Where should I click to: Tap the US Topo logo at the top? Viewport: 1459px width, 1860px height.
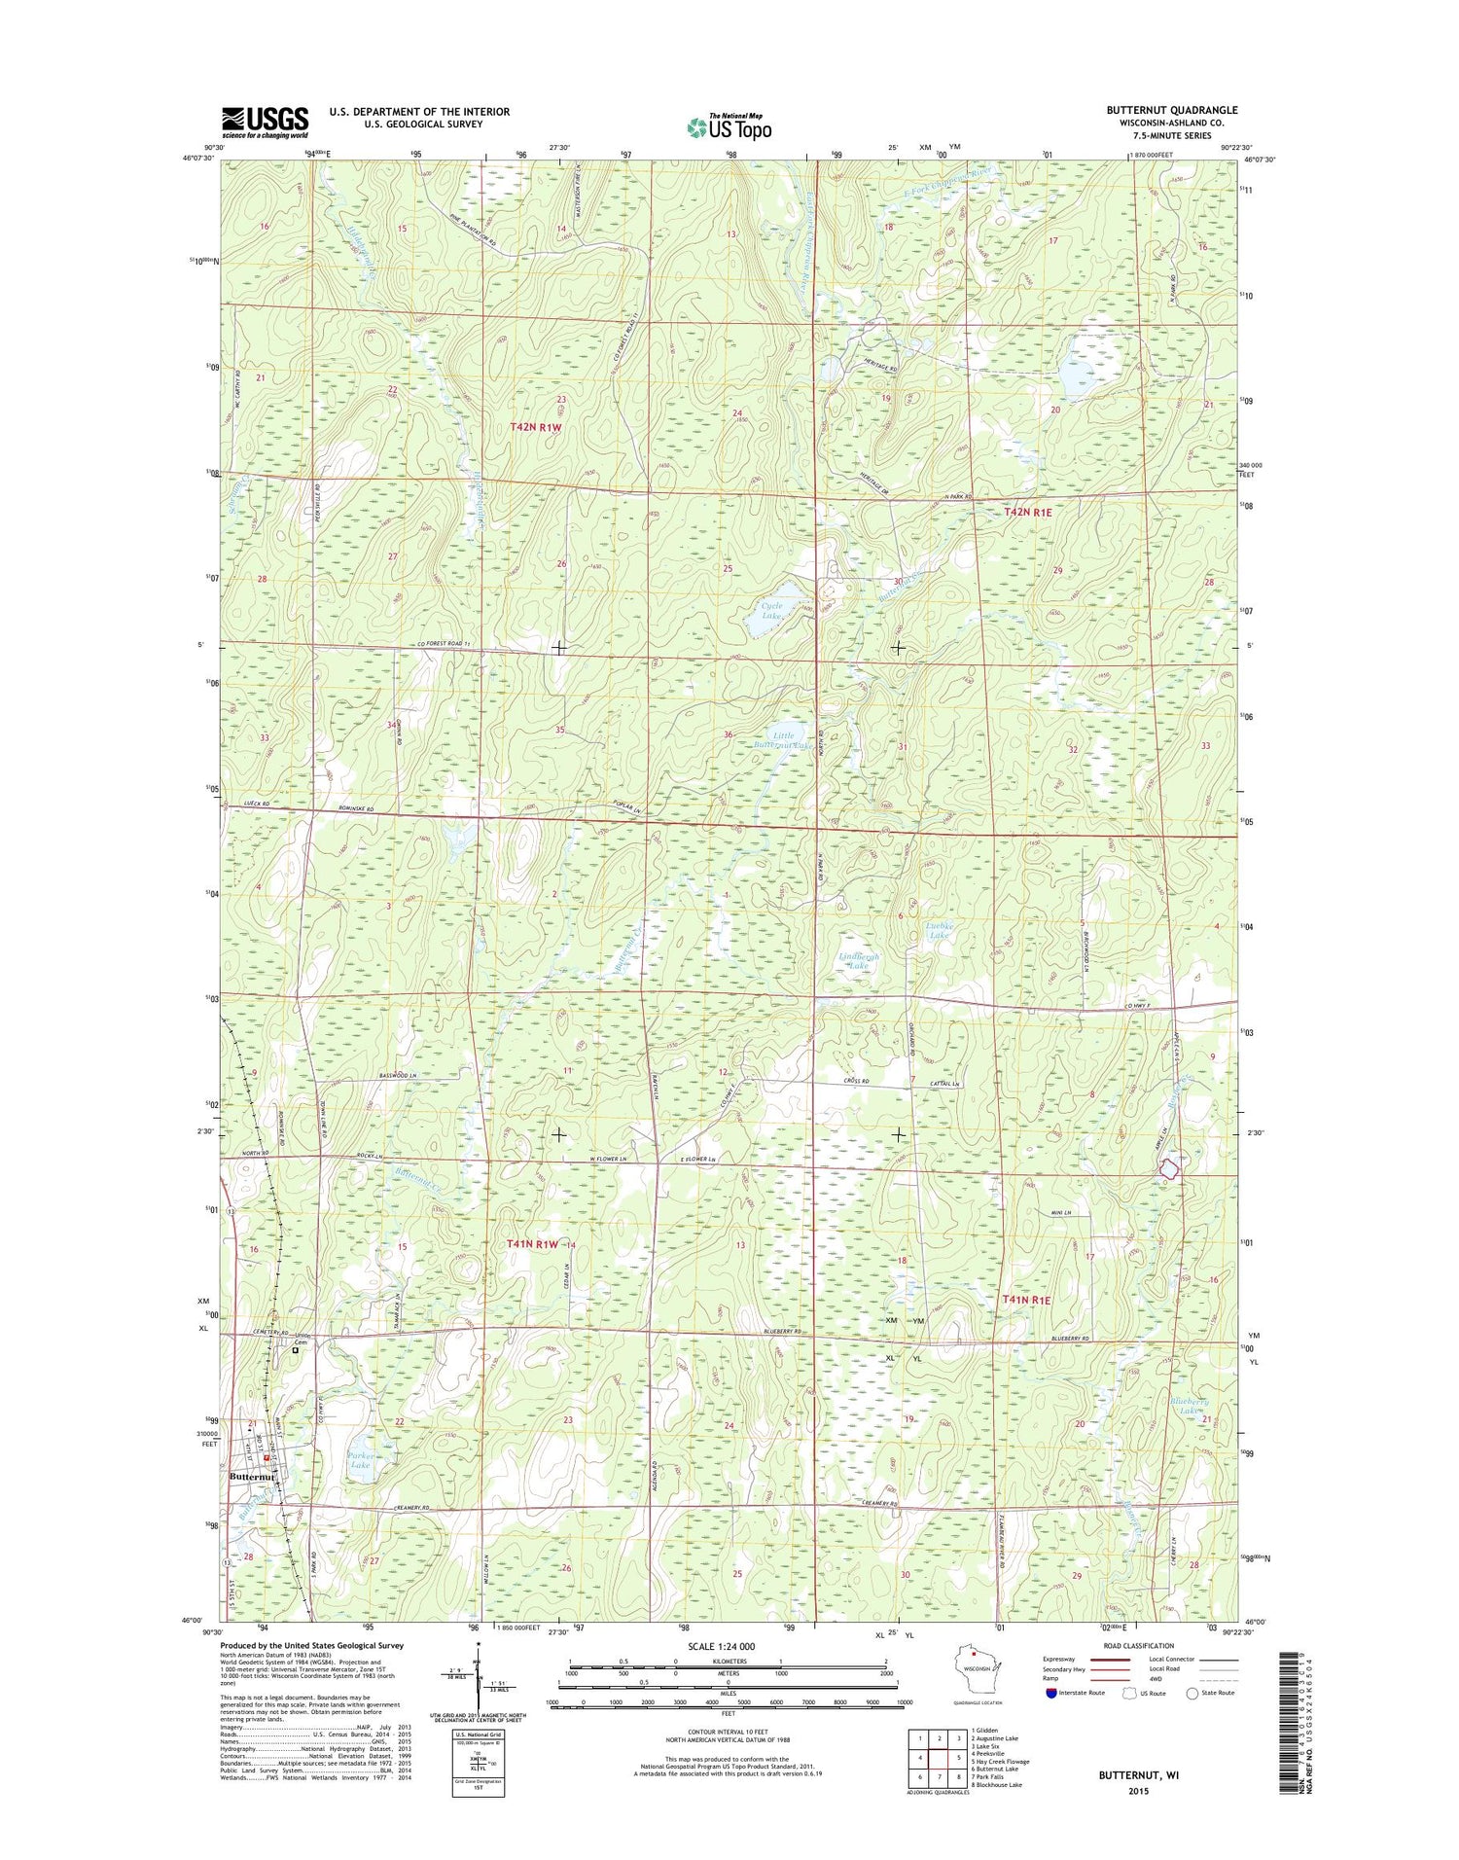pos(729,126)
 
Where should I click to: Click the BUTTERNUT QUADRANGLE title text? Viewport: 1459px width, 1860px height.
pos(1171,110)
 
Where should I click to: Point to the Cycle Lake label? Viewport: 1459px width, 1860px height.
pos(771,611)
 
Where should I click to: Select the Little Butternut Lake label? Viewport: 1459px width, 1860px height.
pos(788,740)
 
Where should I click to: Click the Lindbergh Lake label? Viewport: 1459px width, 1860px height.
pos(859,961)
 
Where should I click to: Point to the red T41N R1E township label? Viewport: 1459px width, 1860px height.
pos(1026,1299)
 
